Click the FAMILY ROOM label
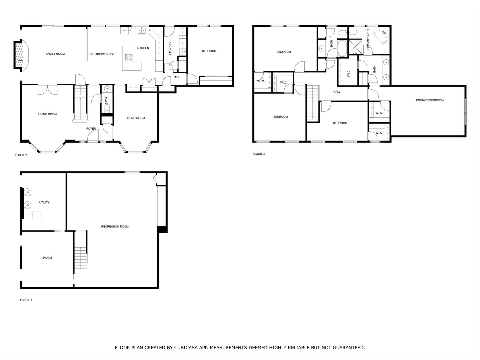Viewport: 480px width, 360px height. coord(55,54)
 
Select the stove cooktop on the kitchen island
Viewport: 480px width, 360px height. coord(129,58)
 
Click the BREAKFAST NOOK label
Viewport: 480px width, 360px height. coord(102,54)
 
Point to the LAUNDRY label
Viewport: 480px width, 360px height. coord(170,48)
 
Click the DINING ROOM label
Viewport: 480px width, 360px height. coord(135,118)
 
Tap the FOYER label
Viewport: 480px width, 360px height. coord(91,129)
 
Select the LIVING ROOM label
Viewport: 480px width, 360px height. coord(47,114)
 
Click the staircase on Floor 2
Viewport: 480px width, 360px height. coord(80,103)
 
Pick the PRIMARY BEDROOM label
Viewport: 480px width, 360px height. coord(430,100)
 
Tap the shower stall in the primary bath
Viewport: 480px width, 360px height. coord(354,47)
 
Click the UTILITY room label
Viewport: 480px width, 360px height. coord(44,202)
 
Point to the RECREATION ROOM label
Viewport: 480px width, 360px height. coord(115,227)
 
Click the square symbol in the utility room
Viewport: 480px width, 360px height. coord(36,215)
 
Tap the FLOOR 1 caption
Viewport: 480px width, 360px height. coord(26,300)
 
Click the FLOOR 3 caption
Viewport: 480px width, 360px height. coord(258,154)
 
